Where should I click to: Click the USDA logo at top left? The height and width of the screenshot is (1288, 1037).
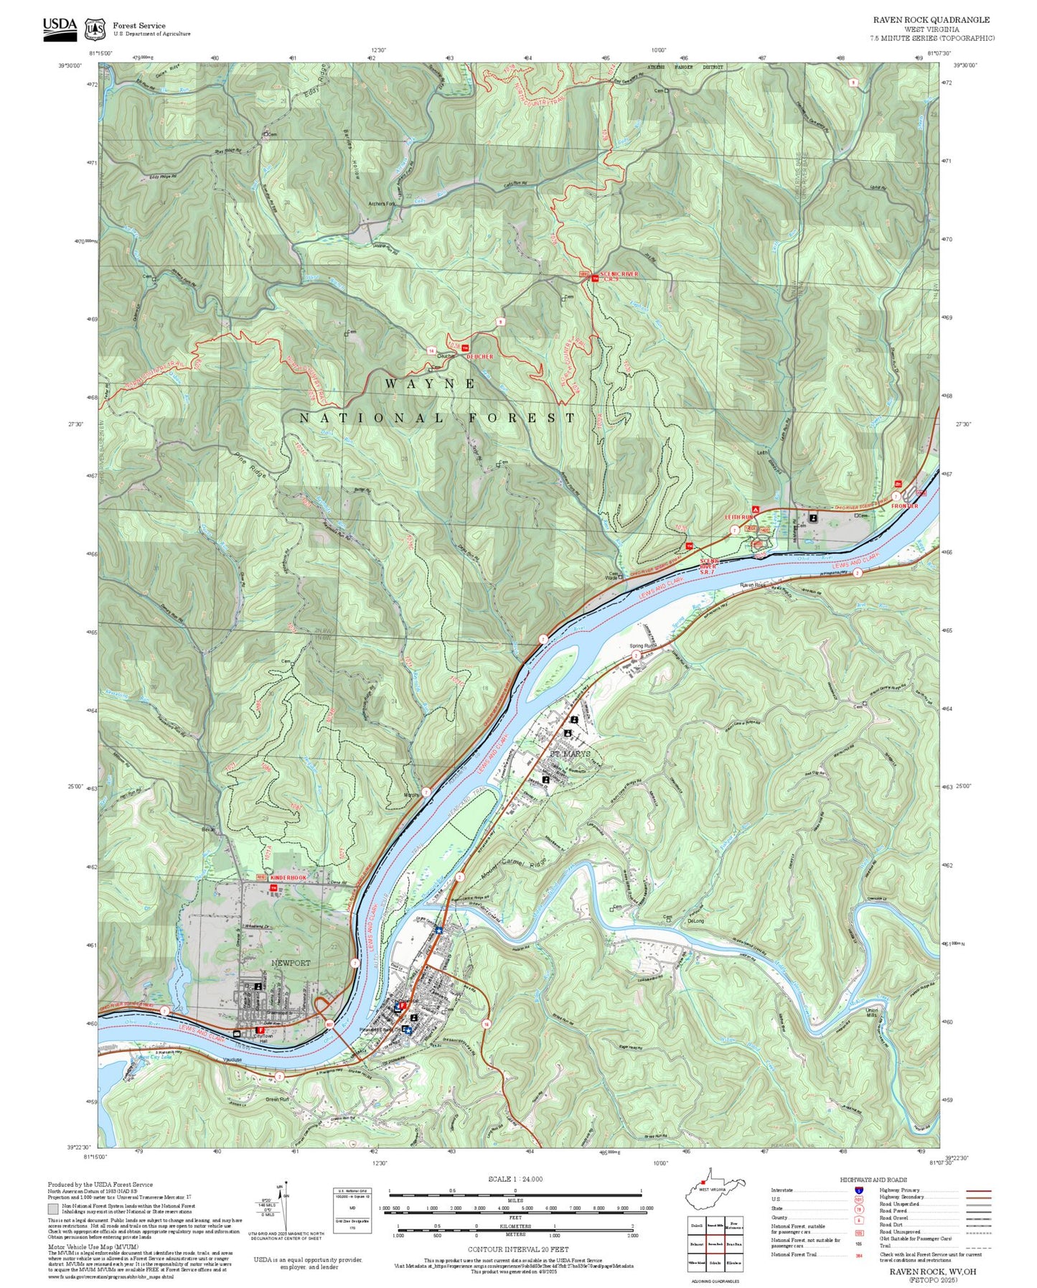tap(60, 26)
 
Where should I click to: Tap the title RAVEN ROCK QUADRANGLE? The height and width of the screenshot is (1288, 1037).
tap(931, 20)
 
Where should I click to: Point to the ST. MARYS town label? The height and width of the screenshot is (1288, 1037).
tap(571, 754)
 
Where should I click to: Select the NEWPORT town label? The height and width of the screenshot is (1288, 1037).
tap(291, 963)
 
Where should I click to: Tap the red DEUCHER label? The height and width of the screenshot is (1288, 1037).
tap(479, 356)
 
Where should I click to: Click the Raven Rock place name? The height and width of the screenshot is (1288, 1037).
tap(753, 585)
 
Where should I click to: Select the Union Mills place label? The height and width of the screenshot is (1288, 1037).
tap(871, 1012)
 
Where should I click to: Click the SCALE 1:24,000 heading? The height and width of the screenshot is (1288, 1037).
tap(515, 1179)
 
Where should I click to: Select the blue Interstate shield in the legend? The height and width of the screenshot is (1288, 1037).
tap(859, 1190)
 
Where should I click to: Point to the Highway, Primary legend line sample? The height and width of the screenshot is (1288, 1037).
tap(978, 1190)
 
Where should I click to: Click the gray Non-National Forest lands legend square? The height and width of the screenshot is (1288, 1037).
tap(52, 1209)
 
